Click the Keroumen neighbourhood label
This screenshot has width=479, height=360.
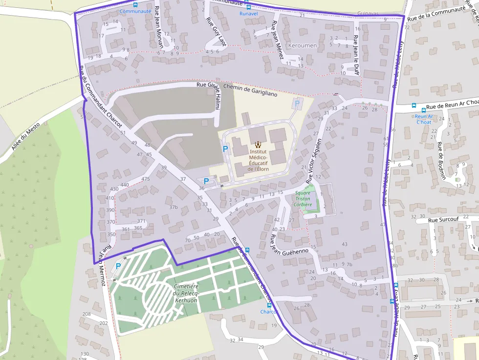tap(303, 45)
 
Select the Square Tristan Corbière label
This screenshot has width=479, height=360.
tap(303, 198)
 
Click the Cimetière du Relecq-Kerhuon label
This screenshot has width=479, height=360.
tap(186, 293)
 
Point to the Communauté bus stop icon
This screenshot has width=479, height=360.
tap(135, 5)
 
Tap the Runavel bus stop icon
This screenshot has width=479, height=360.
tap(249, 7)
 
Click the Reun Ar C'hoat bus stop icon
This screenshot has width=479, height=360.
tap(414, 105)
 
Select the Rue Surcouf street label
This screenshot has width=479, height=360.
tap(443, 220)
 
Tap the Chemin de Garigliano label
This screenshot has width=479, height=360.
tap(250, 90)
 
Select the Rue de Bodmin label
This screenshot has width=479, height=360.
tap(442, 161)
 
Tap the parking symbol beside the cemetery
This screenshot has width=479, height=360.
tap(118, 266)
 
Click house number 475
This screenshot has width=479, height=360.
tap(145, 179)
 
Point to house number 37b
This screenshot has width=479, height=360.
tap(173, 207)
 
